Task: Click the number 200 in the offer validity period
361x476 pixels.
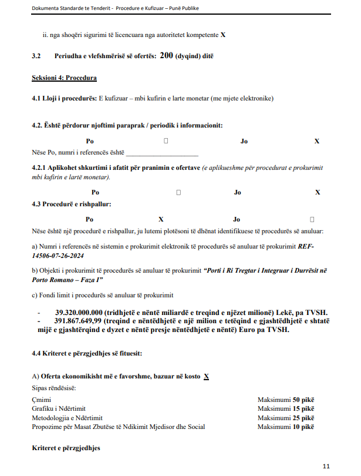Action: click(x=166, y=56)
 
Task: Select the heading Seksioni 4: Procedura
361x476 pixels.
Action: click(x=64, y=78)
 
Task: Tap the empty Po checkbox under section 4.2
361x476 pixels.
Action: click(x=166, y=141)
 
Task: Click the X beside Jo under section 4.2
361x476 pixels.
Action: click(x=317, y=141)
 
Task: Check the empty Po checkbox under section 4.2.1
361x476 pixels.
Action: click(x=178, y=192)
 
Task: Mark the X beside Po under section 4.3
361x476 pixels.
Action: click(x=161, y=219)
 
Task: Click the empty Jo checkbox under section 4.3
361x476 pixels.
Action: click(x=312, y=219)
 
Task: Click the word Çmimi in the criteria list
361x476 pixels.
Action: click(x=41, y=400)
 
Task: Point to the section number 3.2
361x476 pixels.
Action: click(x=36, y=56)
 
